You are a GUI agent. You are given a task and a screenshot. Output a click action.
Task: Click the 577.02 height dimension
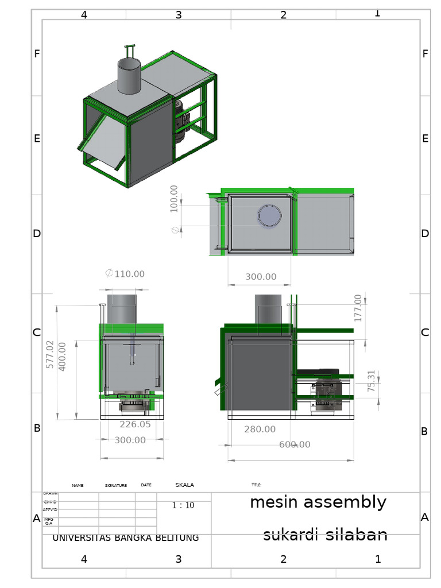pyautogui.click(x=50, y=354)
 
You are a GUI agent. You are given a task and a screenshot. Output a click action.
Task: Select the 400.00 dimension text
pyautogui.click(x=63, y=356)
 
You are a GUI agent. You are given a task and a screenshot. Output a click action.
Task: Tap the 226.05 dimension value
pyautogui.click(x=135, y=424)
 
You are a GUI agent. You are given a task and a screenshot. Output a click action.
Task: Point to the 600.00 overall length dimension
pyautogui.click(x=295, y=444)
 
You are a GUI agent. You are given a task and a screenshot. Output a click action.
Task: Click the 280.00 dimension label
pyautogui.click(x=260, y=429)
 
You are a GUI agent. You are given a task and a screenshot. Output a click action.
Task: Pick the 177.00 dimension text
pyautogui.click(x=358, y=308)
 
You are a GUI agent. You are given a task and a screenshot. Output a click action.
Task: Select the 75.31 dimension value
pyautogui.click(x=371, y=381)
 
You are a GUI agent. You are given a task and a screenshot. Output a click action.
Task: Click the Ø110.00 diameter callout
pyautogui.click(x=125, y=274)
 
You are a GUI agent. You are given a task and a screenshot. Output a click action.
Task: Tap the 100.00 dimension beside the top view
pyautogui.click(x=174, y=199)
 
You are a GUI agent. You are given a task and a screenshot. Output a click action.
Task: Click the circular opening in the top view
pyautogui.click(x=269, y=216)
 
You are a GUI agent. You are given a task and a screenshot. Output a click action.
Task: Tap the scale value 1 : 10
pyautogui.click(x=183, y=505)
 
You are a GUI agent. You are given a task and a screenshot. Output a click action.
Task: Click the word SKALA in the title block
pyautogui.click(x=184, y=485)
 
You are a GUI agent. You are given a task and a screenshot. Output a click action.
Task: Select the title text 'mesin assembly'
pyautogui.click(x=318, y=502)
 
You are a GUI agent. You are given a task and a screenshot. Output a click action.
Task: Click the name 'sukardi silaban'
pyautogui.click(x=325, y=535)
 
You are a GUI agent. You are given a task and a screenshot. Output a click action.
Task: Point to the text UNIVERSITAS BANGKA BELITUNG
pyautogui.click(x=126, y=538)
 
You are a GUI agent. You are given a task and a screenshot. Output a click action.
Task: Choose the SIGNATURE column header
pyautogui.click(x=115, y=486)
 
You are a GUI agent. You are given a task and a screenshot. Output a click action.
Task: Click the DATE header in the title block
pyautogui.click(x=146, y=485)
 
